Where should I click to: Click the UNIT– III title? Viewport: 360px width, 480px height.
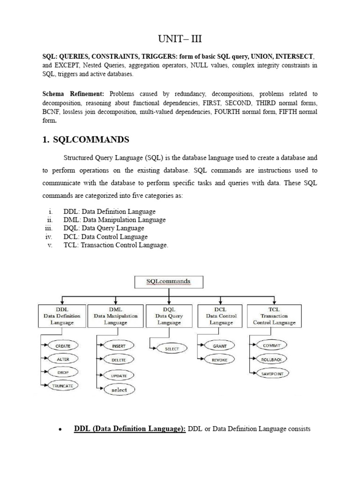[x=180, y=38]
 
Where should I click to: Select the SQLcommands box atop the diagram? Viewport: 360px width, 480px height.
[x=169, y=282]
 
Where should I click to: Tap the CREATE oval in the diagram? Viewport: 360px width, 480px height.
[x=62, y=346]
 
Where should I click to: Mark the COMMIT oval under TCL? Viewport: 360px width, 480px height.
[x=272, y=345]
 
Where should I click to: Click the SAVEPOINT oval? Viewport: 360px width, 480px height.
[x=272, y=374]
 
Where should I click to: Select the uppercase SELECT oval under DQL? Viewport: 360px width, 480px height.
[x=169, y=349]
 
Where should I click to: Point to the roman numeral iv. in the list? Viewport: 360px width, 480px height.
[x=49, y=237]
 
